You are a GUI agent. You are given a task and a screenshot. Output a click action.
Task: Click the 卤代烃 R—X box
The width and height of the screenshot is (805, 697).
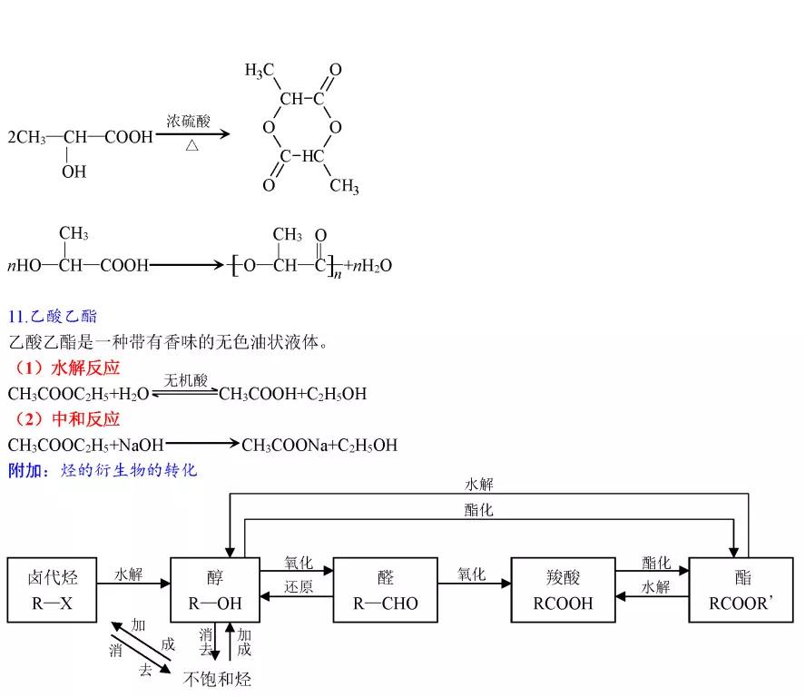[52, 590]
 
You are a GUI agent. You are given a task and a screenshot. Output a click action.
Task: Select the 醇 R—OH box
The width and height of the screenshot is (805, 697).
[215, 590]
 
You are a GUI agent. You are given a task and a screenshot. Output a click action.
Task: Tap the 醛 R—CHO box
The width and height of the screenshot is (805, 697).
[386, 590]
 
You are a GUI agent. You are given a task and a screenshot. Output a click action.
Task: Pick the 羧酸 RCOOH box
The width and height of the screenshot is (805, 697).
[564, 590]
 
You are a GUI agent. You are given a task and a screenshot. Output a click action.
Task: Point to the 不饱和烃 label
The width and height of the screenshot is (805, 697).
[217, 679]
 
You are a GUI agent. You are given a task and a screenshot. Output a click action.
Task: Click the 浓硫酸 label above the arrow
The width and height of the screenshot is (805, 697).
[188, 121]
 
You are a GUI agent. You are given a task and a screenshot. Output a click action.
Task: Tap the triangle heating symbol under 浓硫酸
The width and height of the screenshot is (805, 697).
[191, 146]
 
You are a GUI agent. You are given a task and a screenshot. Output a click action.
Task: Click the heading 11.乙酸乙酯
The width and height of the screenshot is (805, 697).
[52, 317]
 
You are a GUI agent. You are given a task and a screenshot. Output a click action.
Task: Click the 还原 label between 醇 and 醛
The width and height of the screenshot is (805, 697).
[299, 586]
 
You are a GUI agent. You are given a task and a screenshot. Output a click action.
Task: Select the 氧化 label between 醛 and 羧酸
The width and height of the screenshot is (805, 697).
[472, 574]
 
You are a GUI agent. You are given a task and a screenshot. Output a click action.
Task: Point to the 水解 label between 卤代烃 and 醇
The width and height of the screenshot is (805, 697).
[129, 574]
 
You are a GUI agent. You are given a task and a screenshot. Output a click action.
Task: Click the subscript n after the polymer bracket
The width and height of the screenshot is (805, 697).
[337, 273]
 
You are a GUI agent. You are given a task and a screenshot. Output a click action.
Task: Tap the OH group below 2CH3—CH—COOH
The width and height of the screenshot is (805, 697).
[74, 172]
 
